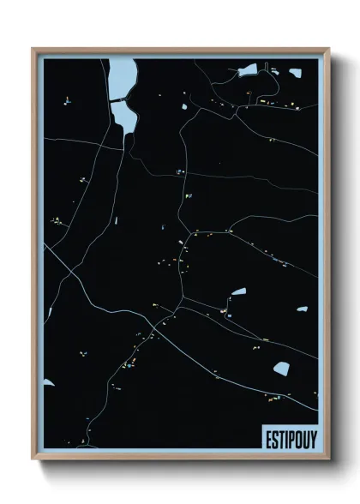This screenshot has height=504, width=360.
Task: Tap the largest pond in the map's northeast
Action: (248, 69)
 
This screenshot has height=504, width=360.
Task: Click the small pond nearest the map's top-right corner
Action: (295, 73)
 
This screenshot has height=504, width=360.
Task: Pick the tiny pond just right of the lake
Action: (183, 107)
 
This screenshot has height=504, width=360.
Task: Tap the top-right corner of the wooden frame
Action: (328, 49)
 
